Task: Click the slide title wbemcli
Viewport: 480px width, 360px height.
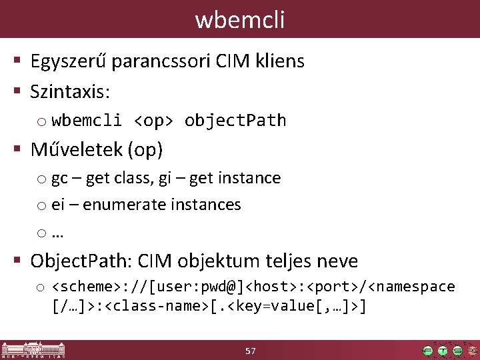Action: [240, 19]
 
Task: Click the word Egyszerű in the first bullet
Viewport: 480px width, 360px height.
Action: [69, 62]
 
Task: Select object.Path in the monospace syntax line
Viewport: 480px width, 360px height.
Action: [235, 121]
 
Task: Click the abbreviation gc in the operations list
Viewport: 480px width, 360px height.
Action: [59, 179]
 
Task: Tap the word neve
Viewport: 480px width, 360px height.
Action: [336, 261]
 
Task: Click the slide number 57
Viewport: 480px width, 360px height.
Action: [251, 351]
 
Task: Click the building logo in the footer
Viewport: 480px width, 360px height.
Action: [33, 351]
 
